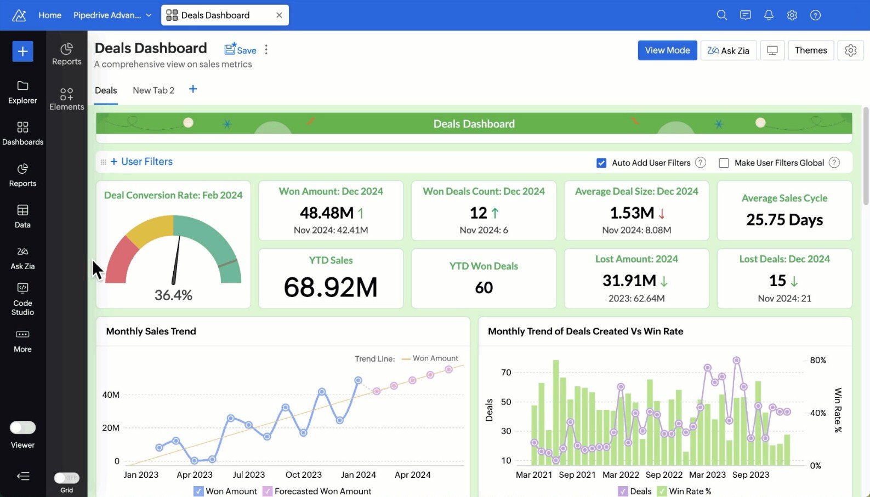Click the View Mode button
click(667, 50)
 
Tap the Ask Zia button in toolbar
click(728, 50)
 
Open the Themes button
click(810, 50)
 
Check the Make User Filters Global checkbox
click(724, 163)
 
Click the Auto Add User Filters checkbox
click(601, 163)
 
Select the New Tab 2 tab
click(153, 90)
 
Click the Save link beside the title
click(241, 50)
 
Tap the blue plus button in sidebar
click(22, 52)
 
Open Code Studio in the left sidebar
click(22, 300)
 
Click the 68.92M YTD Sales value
click(331, 287)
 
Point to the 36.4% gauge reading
click(173, 295)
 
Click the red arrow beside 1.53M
click(662, 213)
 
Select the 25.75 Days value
click(784, 220)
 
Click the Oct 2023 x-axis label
click(303, 475)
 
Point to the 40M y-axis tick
click(111, 395)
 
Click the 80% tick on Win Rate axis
click(817, 360)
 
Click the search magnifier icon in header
click(721, 15)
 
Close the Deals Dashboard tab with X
click(279, 15)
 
